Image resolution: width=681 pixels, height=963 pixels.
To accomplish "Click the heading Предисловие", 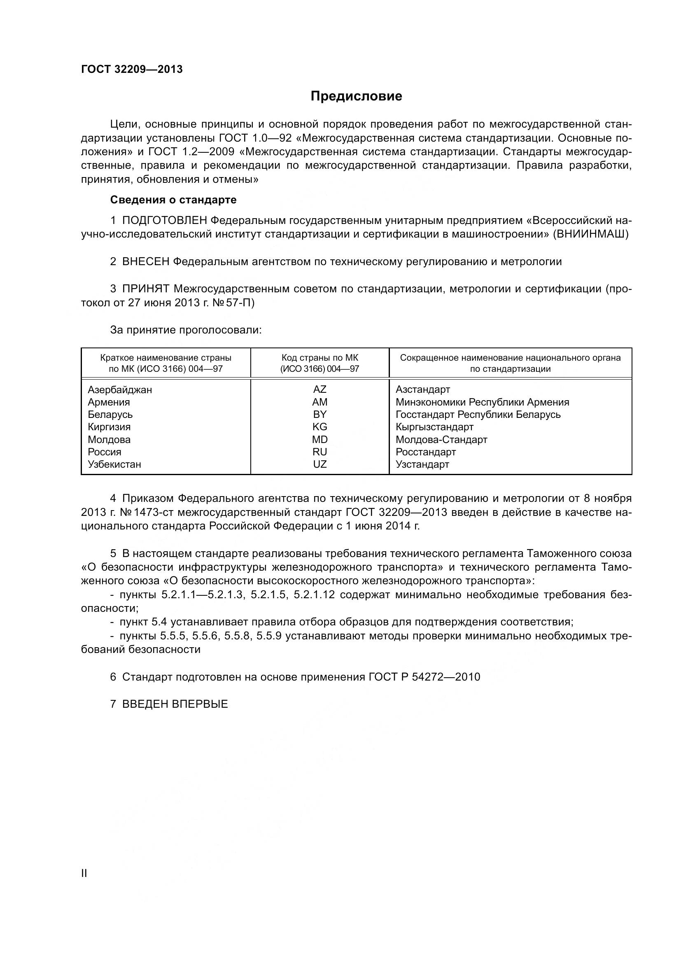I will [356, 96].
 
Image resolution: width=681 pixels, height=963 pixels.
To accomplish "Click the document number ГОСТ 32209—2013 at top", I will [132, 69].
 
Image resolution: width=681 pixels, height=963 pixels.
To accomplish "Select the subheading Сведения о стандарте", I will [173, 200].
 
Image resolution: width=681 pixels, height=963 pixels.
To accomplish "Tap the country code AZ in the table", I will [320, 389].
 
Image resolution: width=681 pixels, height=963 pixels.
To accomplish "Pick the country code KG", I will [320, 427].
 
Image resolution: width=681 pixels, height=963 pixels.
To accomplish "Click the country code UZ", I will [320, 464].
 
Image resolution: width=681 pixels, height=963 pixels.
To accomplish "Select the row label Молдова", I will [109, 440].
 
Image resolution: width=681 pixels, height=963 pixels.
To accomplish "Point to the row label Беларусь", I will [110, 415].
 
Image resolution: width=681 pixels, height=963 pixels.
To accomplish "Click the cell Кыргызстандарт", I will [434, 427].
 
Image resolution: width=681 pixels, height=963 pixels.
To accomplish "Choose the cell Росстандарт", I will [426, 452].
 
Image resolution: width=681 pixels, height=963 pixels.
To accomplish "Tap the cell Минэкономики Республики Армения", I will [482, 402].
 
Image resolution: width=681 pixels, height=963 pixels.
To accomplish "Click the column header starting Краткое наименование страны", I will [166, 363].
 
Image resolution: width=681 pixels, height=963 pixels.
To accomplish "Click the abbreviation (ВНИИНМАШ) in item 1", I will [591, 234].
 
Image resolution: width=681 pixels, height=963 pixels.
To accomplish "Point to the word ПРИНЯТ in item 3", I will [146, 289].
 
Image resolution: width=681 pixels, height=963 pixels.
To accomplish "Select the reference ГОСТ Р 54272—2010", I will [424, 676].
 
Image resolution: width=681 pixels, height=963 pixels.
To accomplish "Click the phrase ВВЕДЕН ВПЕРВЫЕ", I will [175, 704].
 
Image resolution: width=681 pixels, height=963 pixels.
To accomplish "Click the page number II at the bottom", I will [84, 873].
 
